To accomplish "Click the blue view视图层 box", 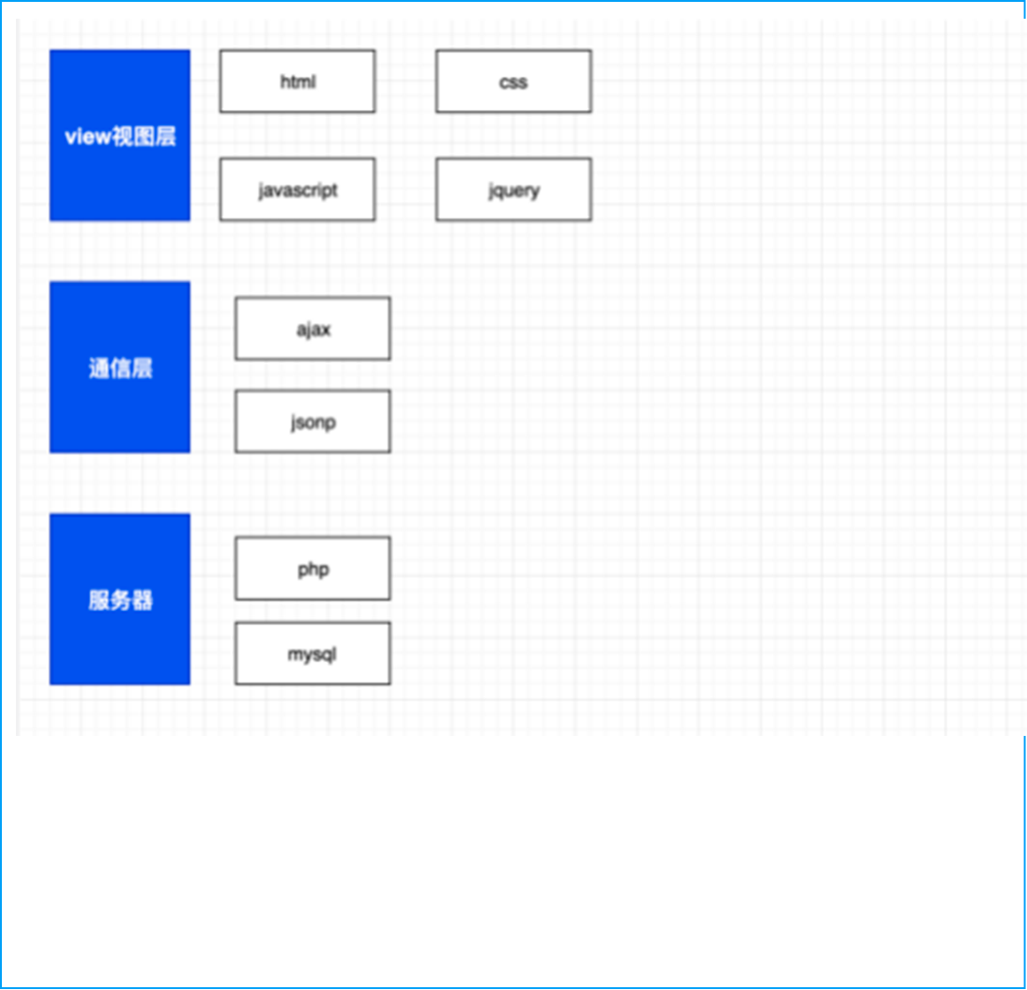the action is (120, 135).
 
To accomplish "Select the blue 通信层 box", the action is (120, 367).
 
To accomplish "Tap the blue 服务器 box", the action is (120, 599).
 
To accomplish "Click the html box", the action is (297, 81).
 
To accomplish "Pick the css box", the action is (513, 81).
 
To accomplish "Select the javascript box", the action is (297, 190).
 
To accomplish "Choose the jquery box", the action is (513, 190).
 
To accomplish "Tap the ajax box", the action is (313, 328).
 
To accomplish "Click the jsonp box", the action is (313, 421).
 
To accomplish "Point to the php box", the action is (313, 568).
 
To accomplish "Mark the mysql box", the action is (313, 653).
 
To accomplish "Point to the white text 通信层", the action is (120, 368).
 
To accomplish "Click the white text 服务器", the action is (120, 601).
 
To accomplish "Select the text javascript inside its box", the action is (298, 191).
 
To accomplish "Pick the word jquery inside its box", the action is (514, 191).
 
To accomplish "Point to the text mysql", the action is (312, 655).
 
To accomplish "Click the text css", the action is (513, 82).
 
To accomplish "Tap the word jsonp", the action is (313, 422).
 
